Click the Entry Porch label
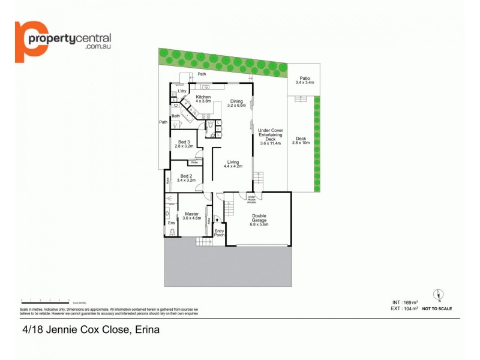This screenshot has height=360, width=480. pos(219,233)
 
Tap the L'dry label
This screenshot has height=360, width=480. pos(182,91)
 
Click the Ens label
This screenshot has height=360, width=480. pos(171,223)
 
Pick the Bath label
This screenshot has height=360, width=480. pos(176,116)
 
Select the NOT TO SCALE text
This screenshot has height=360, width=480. pos(437,308)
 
